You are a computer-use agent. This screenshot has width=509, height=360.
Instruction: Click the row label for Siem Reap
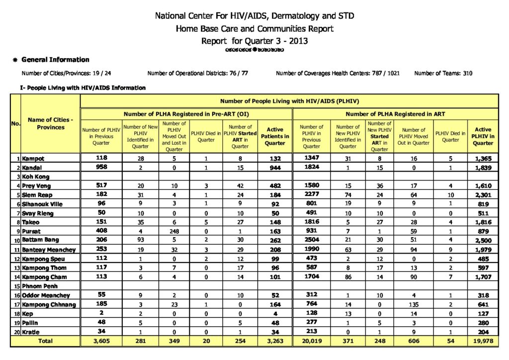36,195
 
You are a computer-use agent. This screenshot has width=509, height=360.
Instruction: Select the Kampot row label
33,159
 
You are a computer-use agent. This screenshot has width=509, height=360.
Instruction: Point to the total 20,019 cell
311,341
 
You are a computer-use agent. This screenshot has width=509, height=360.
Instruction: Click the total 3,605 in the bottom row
101,341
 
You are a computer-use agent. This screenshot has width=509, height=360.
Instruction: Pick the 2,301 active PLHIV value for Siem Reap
483,195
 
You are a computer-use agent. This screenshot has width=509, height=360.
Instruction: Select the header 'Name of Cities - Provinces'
50,123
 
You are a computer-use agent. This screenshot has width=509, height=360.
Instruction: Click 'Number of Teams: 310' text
443,74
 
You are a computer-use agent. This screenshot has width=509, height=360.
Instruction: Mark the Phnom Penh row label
40,286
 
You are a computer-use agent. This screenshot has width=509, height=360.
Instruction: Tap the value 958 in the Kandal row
101,168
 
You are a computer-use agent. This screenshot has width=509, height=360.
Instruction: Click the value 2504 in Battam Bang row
311,241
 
